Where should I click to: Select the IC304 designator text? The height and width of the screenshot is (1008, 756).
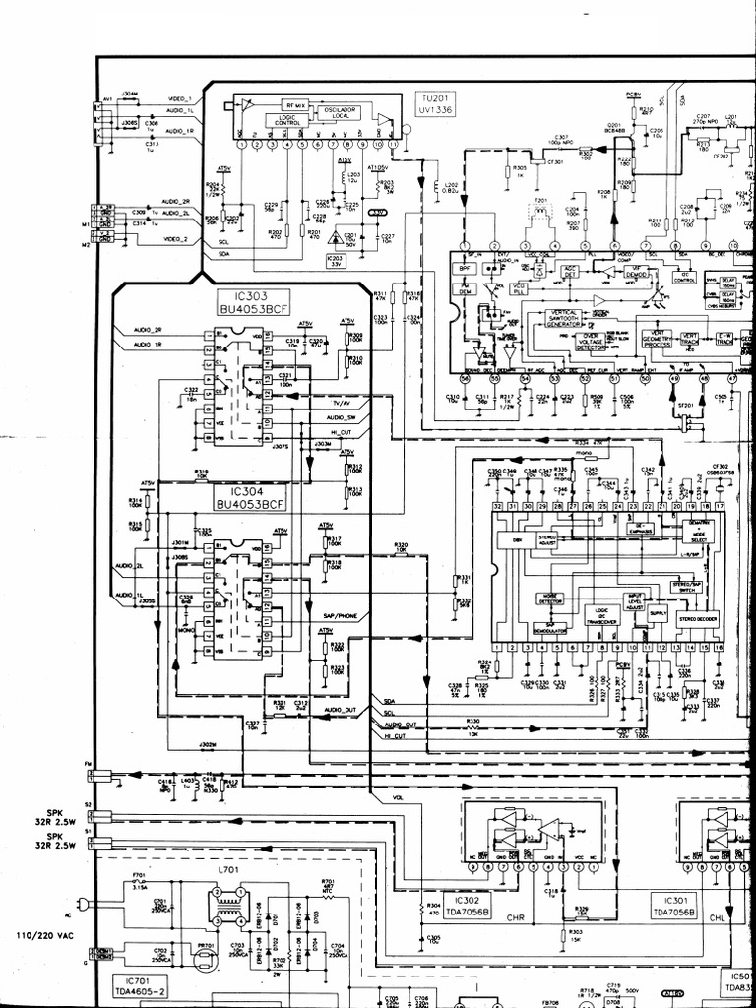pyautogui.click(x=249, y=489)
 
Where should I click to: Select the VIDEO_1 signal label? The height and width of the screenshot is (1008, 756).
pyautogui.click(x=180, y=100)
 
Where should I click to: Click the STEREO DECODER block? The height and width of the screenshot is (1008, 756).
pyautogui.click(x=694, y=619)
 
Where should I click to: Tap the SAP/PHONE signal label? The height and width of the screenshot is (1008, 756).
pyautogui.click(x=340, y=615)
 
